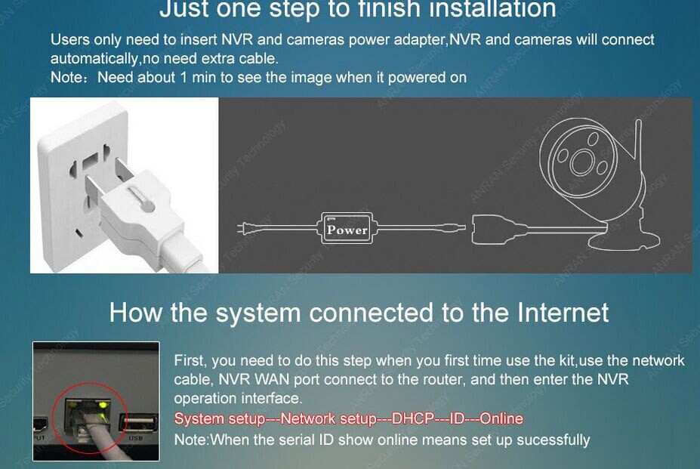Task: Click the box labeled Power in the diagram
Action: click(347, 228)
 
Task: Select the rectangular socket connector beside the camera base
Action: click(491, 229)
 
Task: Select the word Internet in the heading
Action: click(563, 312)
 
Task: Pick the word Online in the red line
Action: click(501, 418)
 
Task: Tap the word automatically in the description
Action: click(94, 58)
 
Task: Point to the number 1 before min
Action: click(183, 77)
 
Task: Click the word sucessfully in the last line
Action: click(553, 440)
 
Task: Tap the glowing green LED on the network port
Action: click(103, 405)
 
